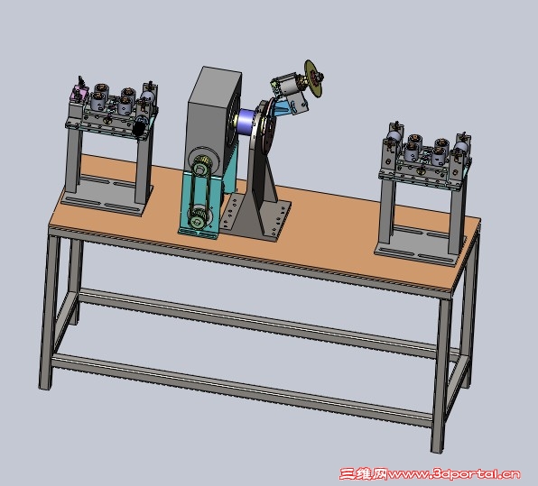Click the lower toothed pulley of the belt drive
point(199,217)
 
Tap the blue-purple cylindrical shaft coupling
point(247,123)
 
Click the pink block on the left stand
point(78,94)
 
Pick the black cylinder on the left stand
point(139,128)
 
